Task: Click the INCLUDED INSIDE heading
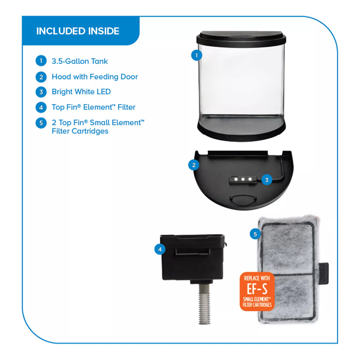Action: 78,31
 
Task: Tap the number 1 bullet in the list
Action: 41,61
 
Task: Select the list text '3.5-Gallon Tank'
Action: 80,61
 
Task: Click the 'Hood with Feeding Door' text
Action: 95,77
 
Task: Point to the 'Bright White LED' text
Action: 81,92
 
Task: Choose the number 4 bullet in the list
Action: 41,107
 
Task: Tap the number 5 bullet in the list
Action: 41,123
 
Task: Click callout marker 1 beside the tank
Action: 197,55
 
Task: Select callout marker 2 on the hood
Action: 194,165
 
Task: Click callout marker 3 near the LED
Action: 267,180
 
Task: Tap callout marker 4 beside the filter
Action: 160,249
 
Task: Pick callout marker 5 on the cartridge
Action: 255,234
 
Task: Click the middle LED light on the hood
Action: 243,179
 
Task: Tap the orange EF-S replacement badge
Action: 257,291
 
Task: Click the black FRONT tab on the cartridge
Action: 323,273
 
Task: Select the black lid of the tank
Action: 241,39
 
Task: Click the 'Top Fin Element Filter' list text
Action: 94,107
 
